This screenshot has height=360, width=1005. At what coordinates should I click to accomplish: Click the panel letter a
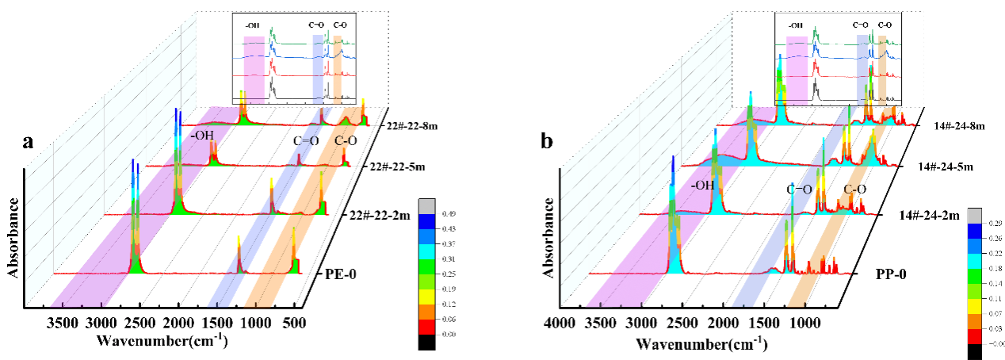point(29,143)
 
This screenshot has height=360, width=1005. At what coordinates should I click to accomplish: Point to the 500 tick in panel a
point(295,323)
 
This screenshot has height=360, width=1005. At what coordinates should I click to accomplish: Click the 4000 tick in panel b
point(560,324)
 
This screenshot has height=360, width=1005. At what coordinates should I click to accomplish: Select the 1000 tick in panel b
point(804,324)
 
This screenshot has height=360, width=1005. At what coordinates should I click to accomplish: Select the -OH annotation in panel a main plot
point(202,136)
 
